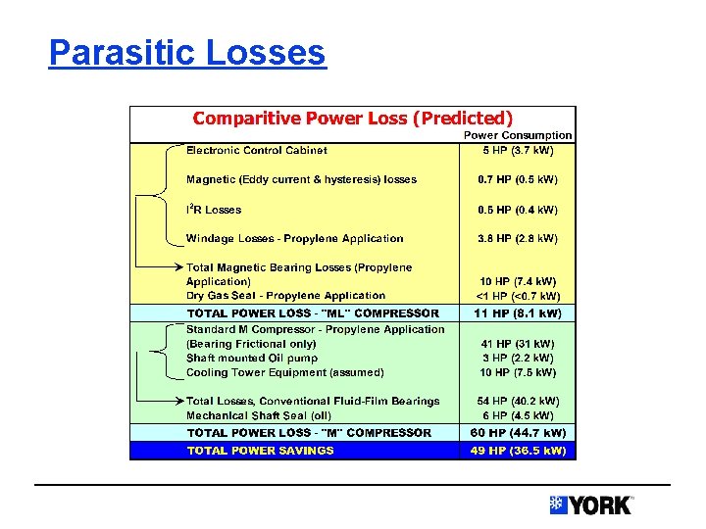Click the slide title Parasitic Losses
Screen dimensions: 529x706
click(x=186, y=52)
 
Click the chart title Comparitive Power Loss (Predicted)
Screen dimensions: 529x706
click(x=352, y=119)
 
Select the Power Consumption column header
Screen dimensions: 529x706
click(x=518, y=135)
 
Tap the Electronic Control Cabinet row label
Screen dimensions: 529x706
click(x=257, y=150)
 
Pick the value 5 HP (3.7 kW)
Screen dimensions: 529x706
click(x=518, y=150)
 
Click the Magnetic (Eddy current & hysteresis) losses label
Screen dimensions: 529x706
click(x=301, y=179)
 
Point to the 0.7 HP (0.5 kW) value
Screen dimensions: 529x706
click(x=518, y=179)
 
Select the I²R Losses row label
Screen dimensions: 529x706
click(x=214, y=209)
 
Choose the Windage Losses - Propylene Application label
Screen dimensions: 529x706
click(x=294, y=238)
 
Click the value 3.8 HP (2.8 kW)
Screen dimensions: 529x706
click(x=518, y=238)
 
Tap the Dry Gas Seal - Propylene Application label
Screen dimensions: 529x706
click(x=285, y=295)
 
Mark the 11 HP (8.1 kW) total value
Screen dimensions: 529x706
click(x=518, y=313)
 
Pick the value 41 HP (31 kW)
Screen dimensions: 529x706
click(x=518, y=344)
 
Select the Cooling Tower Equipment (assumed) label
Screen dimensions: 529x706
click(x=284, y=372)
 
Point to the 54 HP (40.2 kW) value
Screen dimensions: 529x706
click(x=518, y=401)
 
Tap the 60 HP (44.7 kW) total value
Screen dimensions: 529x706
click(x=518, y=432)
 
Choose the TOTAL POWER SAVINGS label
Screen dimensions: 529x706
click(x=260, y=451)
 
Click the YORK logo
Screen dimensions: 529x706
click(x=591, y=505)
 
